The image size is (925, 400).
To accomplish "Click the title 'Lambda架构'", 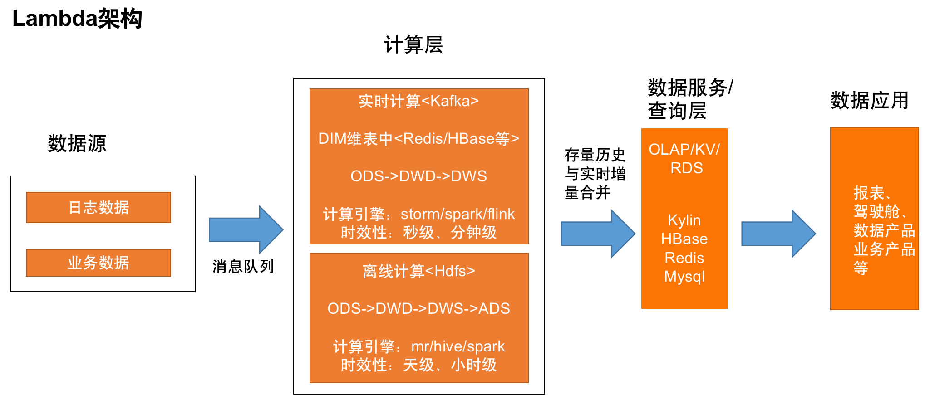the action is pyautogui.click(x=77, y=19).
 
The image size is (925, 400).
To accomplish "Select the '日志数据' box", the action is pyautogui.click(x=98, y=207).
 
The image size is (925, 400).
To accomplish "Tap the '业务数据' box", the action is pyautogui.click(x=98, y=263).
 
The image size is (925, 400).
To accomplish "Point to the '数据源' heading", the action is pyautogui.click(x=77, y=143).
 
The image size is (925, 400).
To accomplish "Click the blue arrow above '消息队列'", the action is pyautogui.click(x=246, y=229).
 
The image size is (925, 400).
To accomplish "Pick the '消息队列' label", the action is pyautogui.click(x=243, y=266).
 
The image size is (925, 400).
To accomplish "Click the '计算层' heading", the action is pyautogui.click(x=413, y=44).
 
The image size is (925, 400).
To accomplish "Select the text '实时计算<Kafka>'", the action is pyautogui.click(x=418, y=101).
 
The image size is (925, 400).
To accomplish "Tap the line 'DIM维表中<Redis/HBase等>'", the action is pyautogui.click(x=418, y=138).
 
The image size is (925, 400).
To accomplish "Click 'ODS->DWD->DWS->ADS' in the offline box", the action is pyautogui.click(x=418, y=308).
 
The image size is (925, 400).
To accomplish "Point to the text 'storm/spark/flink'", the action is pyautogui.click(x=458, y=214).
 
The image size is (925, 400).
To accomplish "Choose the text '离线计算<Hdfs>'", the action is pyautogui.click(x=418, y=271).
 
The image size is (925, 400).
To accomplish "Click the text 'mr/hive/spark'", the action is pyautogui.click(x=458, y=346).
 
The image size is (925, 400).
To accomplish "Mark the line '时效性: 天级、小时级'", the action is pyautogui.click(x=418, y=365).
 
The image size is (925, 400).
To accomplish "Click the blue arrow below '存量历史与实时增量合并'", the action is pyautogui.click(x=598, y=234).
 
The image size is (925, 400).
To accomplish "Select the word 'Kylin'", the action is pyautogui.click(x=684, y=220).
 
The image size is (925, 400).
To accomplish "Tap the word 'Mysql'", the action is pyautogui.click(x=684, y=277).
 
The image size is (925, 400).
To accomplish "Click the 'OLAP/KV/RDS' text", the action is pyautogui.click(x=684, y=158).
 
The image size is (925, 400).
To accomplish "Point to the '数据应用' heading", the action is pyautogui.click(x=869, y=100).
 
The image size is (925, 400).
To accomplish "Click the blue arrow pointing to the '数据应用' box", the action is pyautogui.click(x=778, y=234).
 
